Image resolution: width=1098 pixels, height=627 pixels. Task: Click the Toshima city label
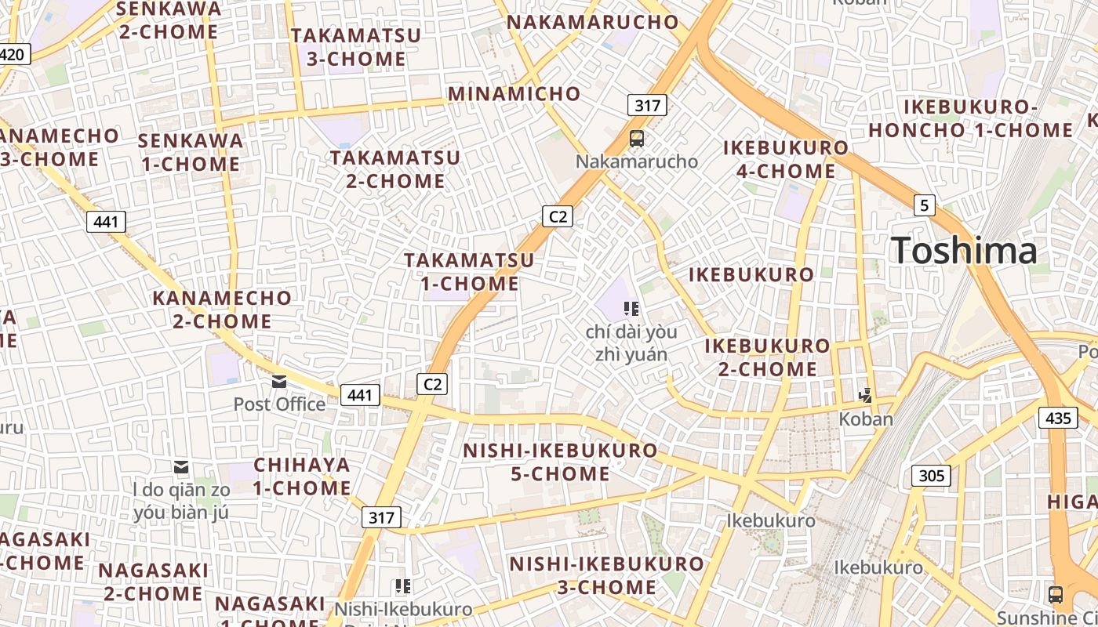pyautogui.click(x=964, y=251)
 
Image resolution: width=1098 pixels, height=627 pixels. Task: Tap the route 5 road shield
pyautogui.click(x=925, y=205)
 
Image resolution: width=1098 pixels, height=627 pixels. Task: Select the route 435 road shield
pyautogui.click(x=1058, y=418)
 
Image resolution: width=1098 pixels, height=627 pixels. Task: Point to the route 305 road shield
pyautogui.click(x=931, y=475)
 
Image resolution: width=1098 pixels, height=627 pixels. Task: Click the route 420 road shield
pyautogui.click(x=14, y=54)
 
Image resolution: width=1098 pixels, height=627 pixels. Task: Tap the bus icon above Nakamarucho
pyautogui.click(x=637, y=139)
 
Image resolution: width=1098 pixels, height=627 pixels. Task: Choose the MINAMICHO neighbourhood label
pyautogui.click(x=514, y=94)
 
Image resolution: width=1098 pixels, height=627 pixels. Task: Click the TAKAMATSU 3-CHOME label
pyautogui.click(x=356, y=47)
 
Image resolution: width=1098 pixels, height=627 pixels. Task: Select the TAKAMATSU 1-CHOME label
pyautogui.click(x=469, y=271)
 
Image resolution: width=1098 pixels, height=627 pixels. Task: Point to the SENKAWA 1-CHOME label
pyautogui.click(x=190, y=152)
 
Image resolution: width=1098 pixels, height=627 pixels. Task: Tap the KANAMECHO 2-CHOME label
pyautogui.click(x=222, y=310)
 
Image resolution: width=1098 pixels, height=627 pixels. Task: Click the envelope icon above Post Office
pyautogui.click(x=279, y=382)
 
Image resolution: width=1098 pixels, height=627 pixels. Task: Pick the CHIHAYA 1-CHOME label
pyautogui.click(x=302, y=476)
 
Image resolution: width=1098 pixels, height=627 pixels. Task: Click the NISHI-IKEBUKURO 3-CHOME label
pyautogui.click(x=607, y=575)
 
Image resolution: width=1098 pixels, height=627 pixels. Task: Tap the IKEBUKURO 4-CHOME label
pyautogui.click(x=785, y=158)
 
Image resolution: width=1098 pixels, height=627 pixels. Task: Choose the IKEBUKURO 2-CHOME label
pyautogui.click(x=767, y=357)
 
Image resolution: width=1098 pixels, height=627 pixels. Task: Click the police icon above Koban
pyautogui.click(x=866, y=395)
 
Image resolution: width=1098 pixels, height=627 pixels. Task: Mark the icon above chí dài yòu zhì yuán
pyautogui.click(x=631, y=308)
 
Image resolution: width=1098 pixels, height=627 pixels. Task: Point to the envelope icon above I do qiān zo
pyautogui.click(x=182, y=468)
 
